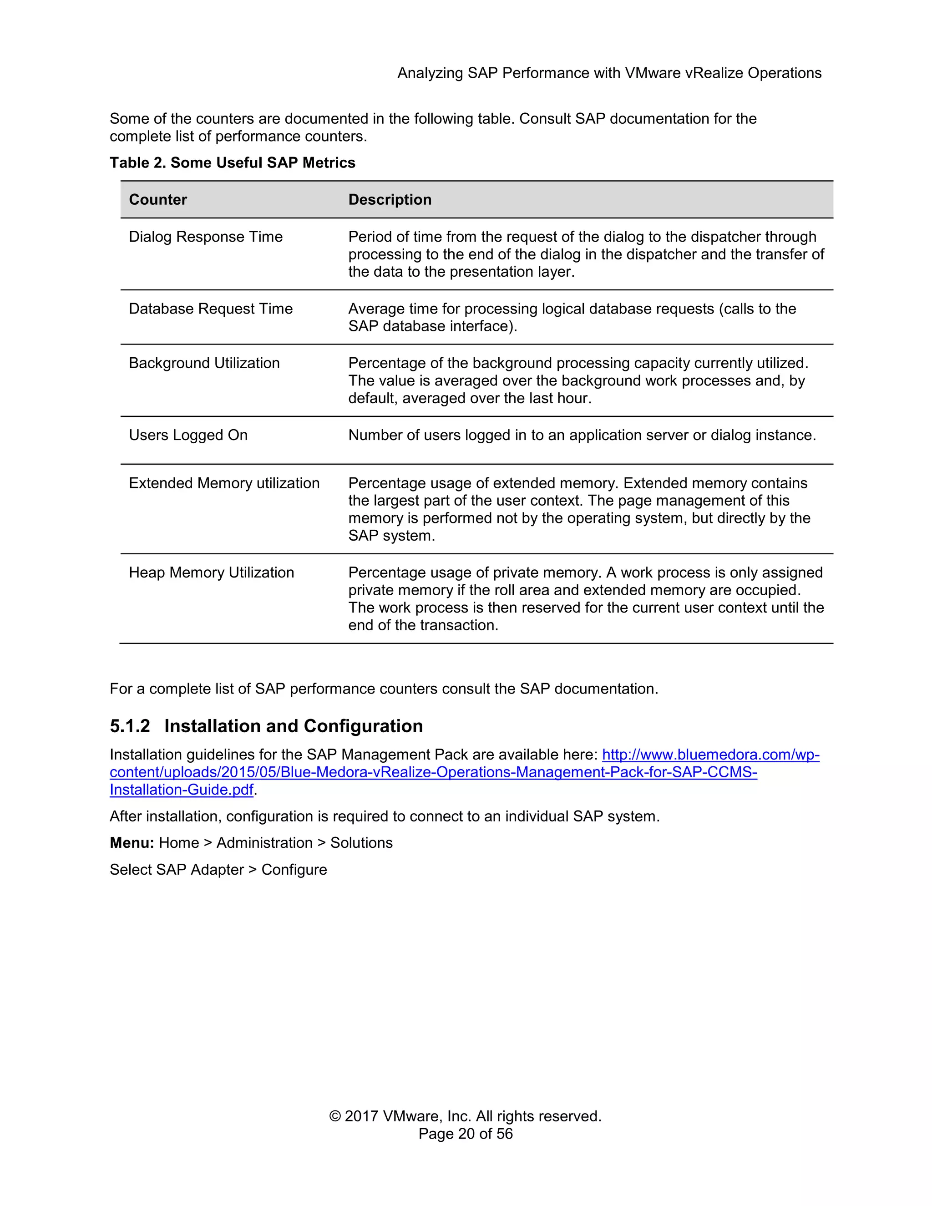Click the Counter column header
point(158,199)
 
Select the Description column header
point(390,199)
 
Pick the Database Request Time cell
point(210,308)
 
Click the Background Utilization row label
point(204,363)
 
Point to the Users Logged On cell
point(188,435)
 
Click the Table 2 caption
point(232,162)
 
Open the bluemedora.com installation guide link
point(433,772)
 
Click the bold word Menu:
point(132,843)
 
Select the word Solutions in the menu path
point(361,843)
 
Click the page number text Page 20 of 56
point(466,1134)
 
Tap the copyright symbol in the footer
point(334,1116)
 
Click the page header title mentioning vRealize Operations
point(609,73)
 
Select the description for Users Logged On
point(582,435)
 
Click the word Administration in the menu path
point(264,843)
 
